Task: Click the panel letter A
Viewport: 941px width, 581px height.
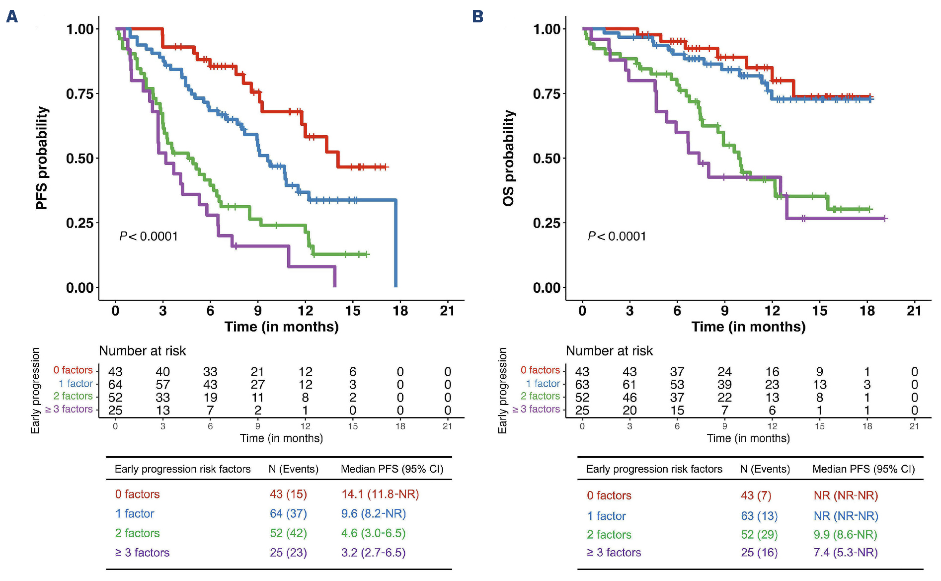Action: pyautogui.click(x=12, y=17)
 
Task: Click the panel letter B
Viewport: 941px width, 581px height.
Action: pyautogui.click(x=477, y=17)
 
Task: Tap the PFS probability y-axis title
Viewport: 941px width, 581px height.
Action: pyautogui.click(x=42, y=158)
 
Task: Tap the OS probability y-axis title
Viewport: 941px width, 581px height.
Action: pyautogui.click(x=509, y=158)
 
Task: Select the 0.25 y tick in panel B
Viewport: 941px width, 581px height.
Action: pyautogui.click(x=547, y=223)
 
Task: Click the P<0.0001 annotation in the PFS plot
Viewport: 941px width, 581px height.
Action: pyautogui.click(x=149, y=236)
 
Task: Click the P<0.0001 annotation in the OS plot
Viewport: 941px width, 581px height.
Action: pyautogui.click(x=617, y=236)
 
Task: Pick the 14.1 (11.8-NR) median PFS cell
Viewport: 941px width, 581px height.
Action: pyautogui.click(x=380, y=494)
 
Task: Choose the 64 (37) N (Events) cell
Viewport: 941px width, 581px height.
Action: pyautogui.click(x=288, y=513)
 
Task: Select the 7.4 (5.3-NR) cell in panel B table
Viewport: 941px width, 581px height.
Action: pyautogui.click(x=846, y=552)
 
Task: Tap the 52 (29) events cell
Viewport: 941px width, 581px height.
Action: pyautogui.click(x=759, y=534)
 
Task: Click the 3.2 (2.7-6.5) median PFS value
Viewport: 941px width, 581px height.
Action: pyautogui.click(x=373, y=552)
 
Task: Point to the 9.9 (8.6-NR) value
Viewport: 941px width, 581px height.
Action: pyautogui.click(x=845, y=534)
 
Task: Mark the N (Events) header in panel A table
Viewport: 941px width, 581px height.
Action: pyautogui.click(x=293, y=469)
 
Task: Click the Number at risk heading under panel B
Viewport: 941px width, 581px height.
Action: pyautogui.click(x=609, y=351)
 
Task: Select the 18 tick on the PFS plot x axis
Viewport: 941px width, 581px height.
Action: pyautogui.click(x=400, y=311)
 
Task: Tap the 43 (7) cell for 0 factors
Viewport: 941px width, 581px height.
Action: pyautogui.click(x=756, y=496)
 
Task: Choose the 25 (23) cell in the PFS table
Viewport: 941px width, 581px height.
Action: pyautogui.click(x=288, y=552)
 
